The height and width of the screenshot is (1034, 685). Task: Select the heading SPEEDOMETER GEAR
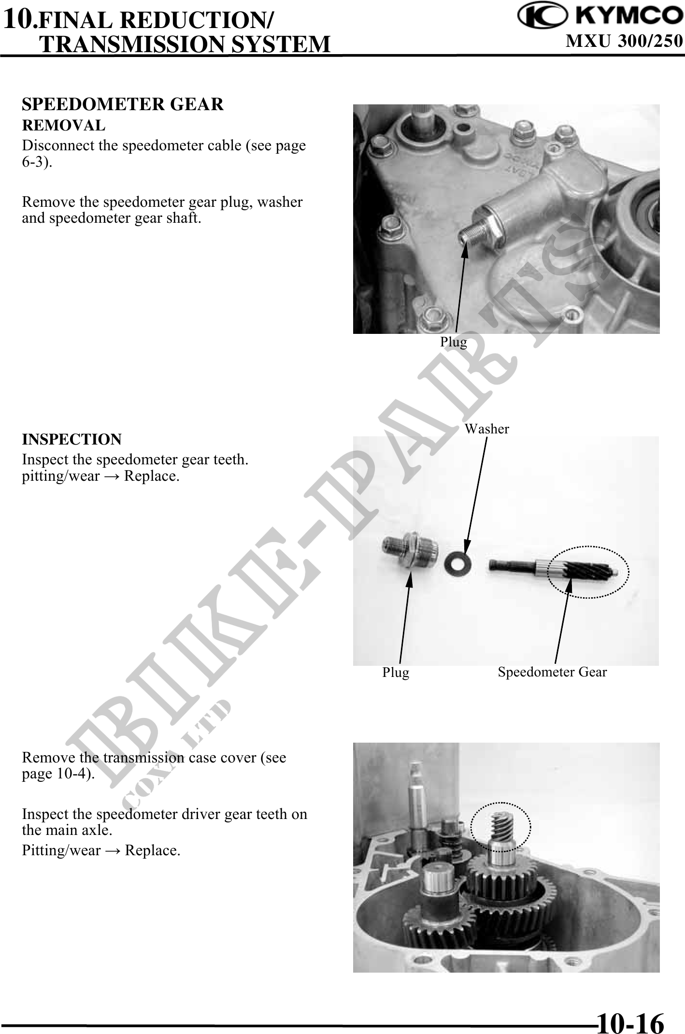[123, 104]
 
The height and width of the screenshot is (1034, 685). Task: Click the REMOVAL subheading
[64, 126]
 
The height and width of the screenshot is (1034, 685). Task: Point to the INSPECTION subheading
[72, 440]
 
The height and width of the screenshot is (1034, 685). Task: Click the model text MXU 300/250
[625, 42]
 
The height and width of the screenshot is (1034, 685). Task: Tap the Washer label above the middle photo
[486, 429]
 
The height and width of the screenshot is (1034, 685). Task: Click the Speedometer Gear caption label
[552, 672]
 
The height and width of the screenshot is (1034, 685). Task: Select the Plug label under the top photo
[453, 342]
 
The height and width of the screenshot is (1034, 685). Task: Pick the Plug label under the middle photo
[396, 673]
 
